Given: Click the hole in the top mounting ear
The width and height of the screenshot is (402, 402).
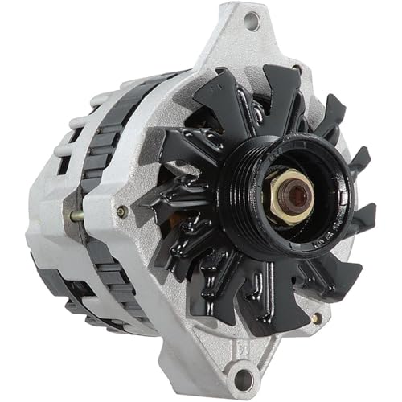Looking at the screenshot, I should pos(251,22).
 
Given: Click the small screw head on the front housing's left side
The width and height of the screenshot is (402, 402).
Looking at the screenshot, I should pos(121,211).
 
